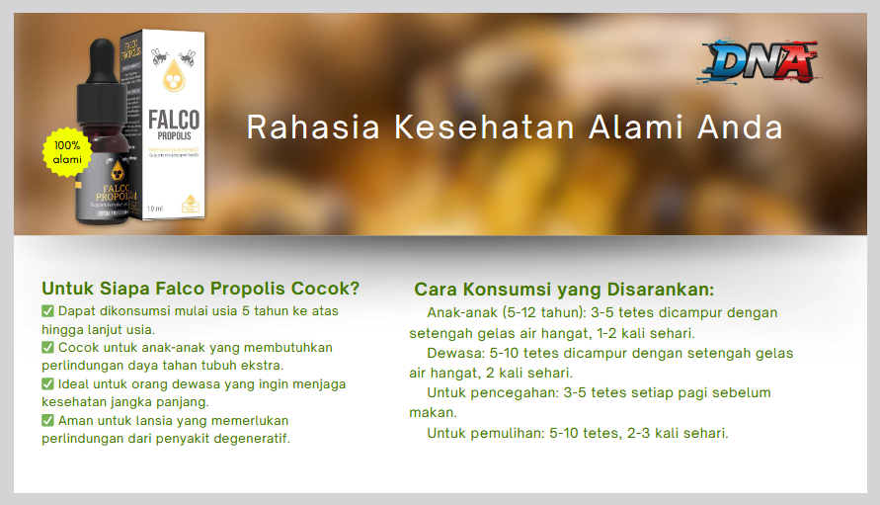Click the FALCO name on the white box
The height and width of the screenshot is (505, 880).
click(174, 121)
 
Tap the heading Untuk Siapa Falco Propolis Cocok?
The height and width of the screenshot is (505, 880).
click(200, 289)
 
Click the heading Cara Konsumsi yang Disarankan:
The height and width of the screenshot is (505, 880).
click(564, 290)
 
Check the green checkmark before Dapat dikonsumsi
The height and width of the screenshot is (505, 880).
click(47, 311)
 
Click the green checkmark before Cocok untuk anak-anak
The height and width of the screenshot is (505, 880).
click(47, 348)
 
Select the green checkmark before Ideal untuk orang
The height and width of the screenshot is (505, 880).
click(47, 384)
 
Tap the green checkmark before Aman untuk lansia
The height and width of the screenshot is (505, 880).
click(47, 420)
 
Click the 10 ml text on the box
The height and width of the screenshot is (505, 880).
click(155, 208)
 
